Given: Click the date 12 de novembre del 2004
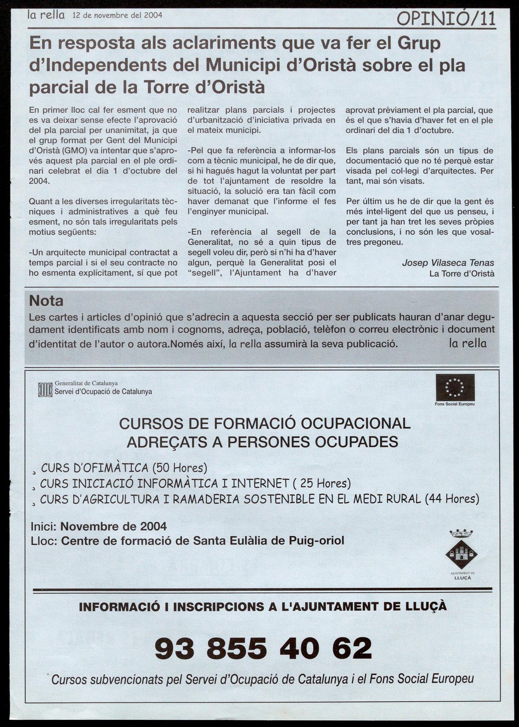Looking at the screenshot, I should pos(117,15).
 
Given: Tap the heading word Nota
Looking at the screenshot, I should pos(46,301).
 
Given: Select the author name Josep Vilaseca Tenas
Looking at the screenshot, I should pos(448,263).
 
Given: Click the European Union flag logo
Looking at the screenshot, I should pos(455,387).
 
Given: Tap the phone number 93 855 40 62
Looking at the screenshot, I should pos(263,648).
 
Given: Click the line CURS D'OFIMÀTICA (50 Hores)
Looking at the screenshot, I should pos(124,468).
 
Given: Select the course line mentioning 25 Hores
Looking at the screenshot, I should pos(196,483).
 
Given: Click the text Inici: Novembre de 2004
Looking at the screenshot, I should pos(99,526).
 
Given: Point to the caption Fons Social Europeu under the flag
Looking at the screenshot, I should pos(455,404).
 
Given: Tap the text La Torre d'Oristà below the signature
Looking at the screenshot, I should pos(462,274).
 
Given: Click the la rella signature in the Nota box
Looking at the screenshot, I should pos(467,343).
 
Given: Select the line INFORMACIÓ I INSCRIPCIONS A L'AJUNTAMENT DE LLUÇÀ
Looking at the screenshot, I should pos(263,606).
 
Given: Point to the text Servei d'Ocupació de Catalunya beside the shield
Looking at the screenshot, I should pos(103,391).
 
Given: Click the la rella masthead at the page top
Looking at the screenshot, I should pos(46,15).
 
